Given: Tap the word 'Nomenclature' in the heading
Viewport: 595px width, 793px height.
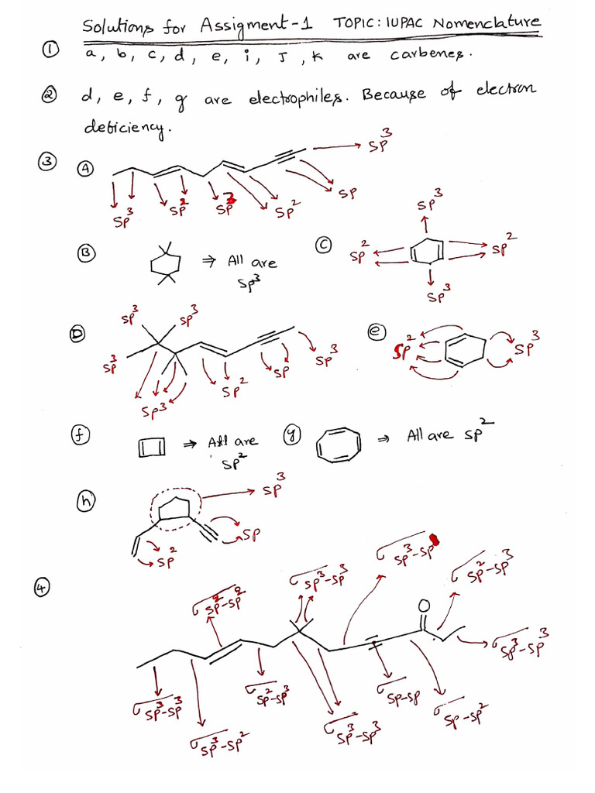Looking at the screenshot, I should click(487, 24).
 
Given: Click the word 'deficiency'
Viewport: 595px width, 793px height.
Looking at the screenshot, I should click(126, 129).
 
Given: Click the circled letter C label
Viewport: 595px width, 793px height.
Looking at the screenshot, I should click(324, 245).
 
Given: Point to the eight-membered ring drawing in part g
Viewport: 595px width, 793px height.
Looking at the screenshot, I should click(340, 448).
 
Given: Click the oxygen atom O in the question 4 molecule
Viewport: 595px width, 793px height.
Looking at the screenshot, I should click(423, 604).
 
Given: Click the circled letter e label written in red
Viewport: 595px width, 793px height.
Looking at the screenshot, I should click(377, 331).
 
